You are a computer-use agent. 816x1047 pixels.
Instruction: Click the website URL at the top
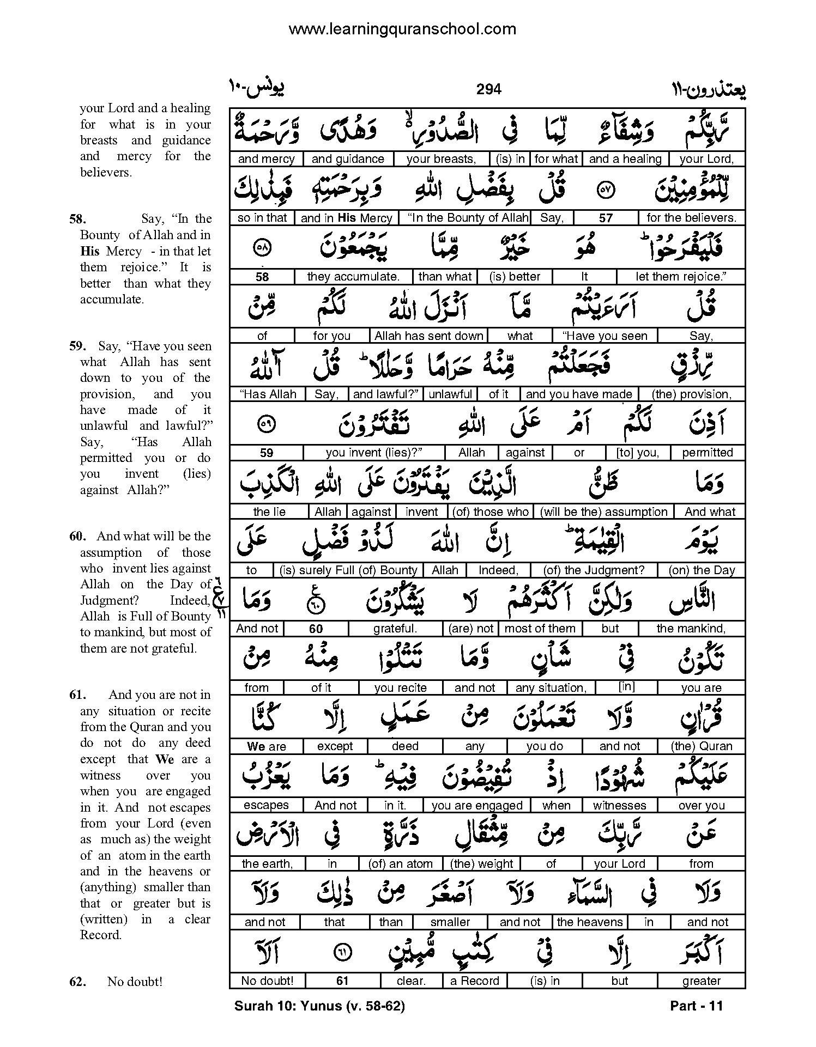(402, 29)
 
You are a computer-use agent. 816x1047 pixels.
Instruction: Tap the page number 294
(488, 89)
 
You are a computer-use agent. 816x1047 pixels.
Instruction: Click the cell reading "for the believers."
(691, 218)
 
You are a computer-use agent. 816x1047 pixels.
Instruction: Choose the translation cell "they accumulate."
(353, 277)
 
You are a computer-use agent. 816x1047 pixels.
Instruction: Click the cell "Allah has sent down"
(428, 336)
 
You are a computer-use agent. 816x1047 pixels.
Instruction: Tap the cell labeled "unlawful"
(450, 394)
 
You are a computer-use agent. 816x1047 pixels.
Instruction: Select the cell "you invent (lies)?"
(374, 453)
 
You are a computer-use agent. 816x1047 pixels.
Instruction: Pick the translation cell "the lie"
(269, 512)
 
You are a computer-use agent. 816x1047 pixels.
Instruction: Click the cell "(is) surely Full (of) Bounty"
(348, 570)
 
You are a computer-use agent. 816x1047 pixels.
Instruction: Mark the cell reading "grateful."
(395, 629)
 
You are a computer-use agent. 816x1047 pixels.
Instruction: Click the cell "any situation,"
(551, 687)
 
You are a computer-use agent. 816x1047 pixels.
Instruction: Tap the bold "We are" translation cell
(266, 746)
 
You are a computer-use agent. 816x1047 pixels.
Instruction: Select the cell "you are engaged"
(476, 805)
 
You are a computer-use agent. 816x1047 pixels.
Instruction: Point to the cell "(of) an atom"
(401, 863)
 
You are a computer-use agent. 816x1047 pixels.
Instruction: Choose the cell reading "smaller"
(450, 922)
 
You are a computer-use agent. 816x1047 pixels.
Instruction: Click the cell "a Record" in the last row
(474, 981)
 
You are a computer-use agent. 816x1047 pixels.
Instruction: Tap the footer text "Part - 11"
(696, 1006)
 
